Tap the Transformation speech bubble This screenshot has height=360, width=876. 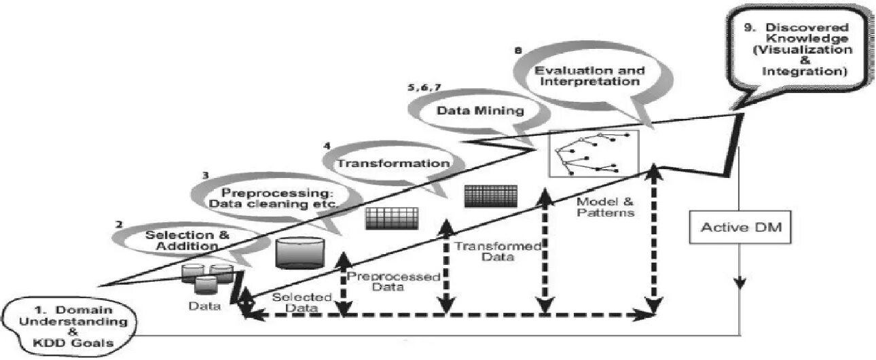[x=394, y=164]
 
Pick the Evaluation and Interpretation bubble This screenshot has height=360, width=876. [x=587, y=75]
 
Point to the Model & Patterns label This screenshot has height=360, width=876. [x=604, y=206]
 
